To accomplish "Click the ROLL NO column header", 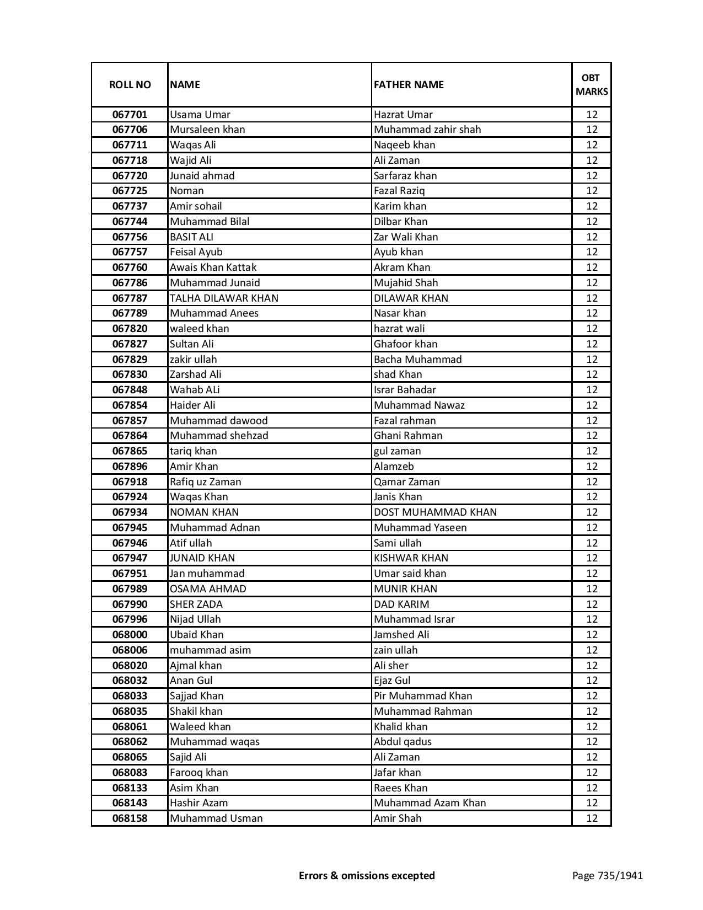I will (130, 84).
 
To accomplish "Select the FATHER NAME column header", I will (409, 84).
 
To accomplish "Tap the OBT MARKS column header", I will (592, 84).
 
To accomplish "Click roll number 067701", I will (130, 115).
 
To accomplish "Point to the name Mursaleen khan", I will (207, 130).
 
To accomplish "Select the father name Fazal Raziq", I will (399, 191).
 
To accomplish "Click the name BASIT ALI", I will (191, 237).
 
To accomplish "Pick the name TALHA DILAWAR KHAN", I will (224, 298).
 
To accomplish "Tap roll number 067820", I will (130, 329).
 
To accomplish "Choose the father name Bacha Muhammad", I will (417, 360).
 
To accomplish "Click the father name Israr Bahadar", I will (405, 390).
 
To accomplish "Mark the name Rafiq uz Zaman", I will (205, 482).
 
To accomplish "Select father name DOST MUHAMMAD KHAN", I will (435, 512).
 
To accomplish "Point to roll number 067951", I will (130, 574).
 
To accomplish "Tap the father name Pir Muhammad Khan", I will (423, 696).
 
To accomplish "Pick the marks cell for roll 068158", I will (592, 818).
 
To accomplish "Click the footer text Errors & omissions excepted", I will (367, 875).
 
